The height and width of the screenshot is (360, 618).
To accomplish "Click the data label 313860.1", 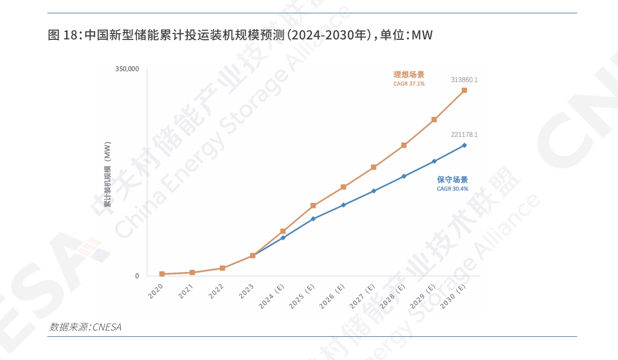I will (x=464, y=79).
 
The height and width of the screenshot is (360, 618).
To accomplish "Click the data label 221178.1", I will (x=464, y=134).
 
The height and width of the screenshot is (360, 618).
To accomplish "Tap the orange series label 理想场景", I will (x=409, y=75).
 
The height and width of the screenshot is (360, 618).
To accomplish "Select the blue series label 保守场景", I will (x=452, y=180).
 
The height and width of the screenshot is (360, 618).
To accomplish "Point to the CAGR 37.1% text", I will (x=409, y=84).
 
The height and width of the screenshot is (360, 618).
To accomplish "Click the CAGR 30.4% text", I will (x=452, y=189).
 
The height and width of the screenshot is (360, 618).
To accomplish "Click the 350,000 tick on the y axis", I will (x=127, y=69).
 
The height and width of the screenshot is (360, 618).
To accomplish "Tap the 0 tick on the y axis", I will (x=137, y=276).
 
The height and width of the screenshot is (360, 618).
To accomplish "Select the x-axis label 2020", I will (x=156, y=292).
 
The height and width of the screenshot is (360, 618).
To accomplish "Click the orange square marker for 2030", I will (x=464, y=91).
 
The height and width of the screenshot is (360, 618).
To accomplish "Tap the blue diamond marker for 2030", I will (x=464, y=145).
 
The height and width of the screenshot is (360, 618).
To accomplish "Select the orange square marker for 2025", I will (x=313, y=205).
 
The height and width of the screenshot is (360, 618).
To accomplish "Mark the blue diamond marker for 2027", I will (x=374, y=191).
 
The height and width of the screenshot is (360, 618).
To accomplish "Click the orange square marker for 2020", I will (x=162, y=274).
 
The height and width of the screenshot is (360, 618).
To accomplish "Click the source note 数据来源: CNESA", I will (x=85, y=327).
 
